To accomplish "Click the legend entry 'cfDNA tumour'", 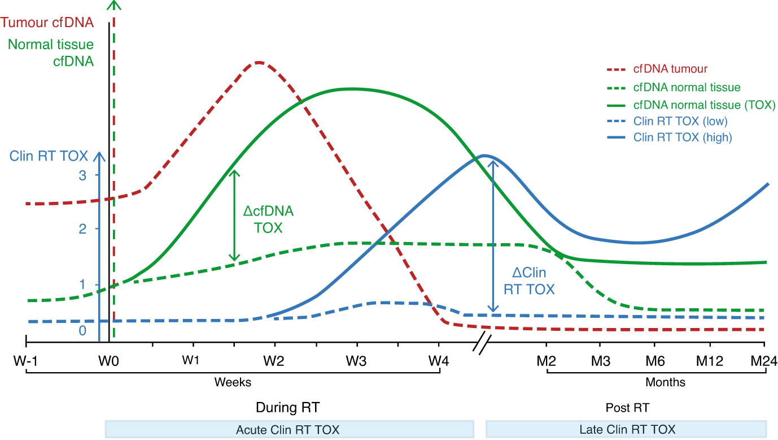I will [670, 69].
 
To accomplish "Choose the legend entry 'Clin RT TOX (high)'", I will [683, 137].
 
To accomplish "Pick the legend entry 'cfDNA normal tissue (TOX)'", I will [704, 105].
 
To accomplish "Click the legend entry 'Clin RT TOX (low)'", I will [680, 121].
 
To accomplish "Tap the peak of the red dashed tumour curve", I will [258, 62].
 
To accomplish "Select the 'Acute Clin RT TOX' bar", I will [289, 429].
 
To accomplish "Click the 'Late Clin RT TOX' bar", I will [627, 429].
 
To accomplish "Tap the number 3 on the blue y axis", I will [82, 176].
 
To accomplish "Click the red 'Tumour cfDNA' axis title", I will [55, 23].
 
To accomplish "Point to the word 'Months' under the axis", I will [665, 382].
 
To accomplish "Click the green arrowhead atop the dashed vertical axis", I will [115, 5].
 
